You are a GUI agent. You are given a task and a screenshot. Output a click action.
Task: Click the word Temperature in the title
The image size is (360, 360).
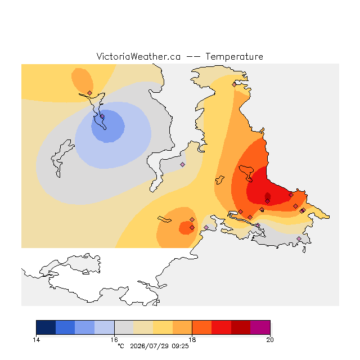pos(234,57)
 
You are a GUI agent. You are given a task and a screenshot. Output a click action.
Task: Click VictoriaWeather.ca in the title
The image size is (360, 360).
pos(138,57)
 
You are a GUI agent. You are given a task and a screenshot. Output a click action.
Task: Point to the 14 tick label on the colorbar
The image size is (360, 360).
pos(36,340)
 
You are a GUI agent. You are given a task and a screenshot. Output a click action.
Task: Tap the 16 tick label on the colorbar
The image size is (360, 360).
pos(114,340)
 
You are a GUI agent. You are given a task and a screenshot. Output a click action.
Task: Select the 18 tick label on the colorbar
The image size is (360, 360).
pos(192,340)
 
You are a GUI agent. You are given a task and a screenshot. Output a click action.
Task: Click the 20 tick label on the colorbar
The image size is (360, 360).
pos(270,340)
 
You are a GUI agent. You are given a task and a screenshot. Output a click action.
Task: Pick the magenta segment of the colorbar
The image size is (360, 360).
pos(260,327)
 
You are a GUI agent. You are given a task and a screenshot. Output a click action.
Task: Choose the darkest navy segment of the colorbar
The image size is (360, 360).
pos(46,327)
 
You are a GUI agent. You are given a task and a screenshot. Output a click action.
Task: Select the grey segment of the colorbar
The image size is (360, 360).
pos(124,327)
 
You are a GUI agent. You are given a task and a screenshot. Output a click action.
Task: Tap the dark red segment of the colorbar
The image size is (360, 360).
pos(241,327)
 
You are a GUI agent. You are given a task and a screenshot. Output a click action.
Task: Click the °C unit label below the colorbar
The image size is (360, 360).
pos(121,346)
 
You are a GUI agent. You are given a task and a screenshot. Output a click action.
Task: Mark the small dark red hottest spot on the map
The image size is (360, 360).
pos(268,196)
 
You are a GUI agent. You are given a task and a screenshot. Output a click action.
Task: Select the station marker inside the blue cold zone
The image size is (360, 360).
pos(102,116)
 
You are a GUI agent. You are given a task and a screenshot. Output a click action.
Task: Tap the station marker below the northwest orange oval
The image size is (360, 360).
pos(90,93)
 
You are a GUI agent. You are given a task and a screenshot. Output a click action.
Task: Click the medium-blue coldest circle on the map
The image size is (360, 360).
pos(108,126)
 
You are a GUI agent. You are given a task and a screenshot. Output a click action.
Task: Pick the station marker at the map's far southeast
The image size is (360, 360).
pos(299,238)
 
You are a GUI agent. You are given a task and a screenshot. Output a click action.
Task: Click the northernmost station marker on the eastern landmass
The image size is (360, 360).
pos(234,85)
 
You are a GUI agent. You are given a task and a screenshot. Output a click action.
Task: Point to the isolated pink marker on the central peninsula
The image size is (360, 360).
pos(182,164)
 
